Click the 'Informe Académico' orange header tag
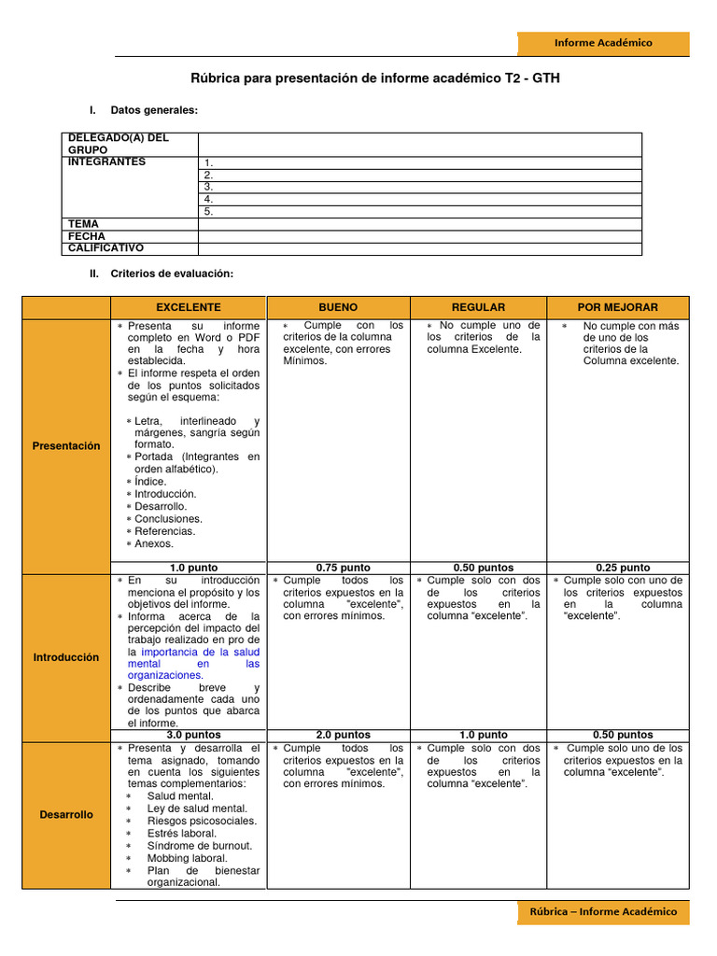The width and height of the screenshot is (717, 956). [x=603, y=43]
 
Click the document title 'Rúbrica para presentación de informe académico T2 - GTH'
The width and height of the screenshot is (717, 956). [x=376, y=79]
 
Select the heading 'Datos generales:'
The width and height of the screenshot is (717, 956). [x=154, y=111]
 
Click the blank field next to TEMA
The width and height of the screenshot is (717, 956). [x=419, y=224]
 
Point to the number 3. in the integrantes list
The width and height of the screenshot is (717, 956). [x=209, y=187]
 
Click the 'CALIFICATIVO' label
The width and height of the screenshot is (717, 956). [x=105, y=248]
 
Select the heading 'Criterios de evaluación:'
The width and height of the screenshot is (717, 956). [x=171, y=274]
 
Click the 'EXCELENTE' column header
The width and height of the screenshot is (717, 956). [x=189, y=307]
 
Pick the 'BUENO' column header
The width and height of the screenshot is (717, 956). [x=338, y=307]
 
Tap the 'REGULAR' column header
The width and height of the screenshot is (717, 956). [x=478, y=307]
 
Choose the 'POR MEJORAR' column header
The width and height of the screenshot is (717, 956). [x=617, y=307]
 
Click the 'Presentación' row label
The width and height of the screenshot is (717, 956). [x=66, y=446]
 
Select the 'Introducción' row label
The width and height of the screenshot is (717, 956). [x=66, y=657]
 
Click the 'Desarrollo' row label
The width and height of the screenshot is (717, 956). [x=66, y=815]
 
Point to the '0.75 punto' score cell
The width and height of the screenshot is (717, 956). [x=342, y=568]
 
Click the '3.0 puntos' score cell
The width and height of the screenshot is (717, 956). [x=193, y=735]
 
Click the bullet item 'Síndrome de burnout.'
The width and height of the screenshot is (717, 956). [x=199, y=846]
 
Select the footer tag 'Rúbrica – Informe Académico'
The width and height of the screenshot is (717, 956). [x=603, y=911]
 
